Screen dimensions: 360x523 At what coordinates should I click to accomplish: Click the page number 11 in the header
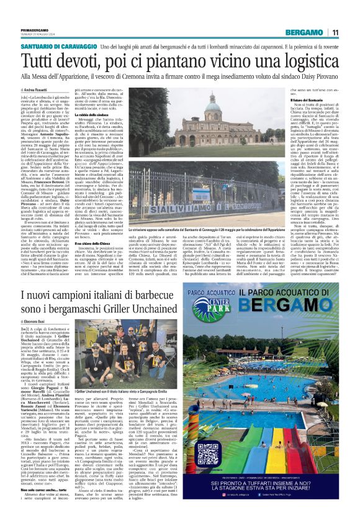coord(335,32)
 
